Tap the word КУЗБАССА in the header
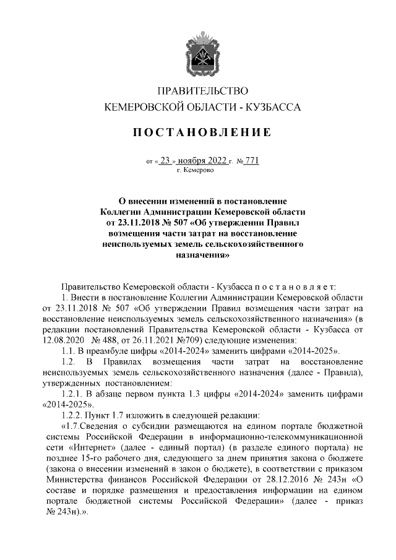pyautogui.click(x=273, y=107)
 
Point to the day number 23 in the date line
pyautogui.click(x=164, y=160)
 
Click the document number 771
pyautogui.click(x=251, y=160)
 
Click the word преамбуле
pyautogui.click(x=110, y=350)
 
